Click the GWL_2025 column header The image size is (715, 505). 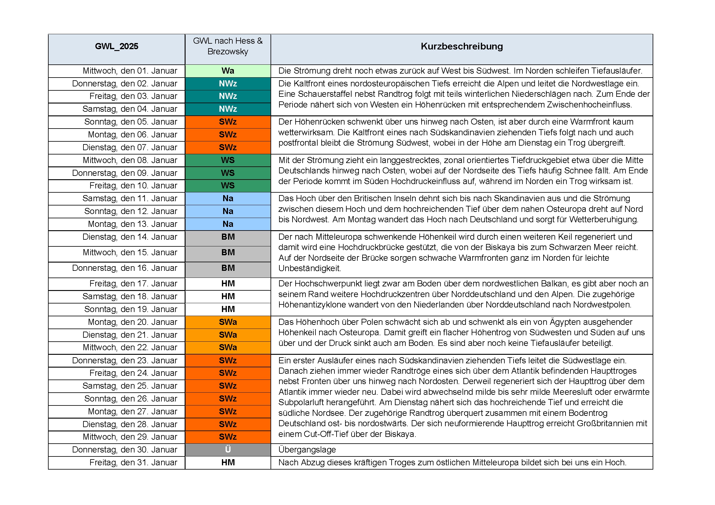click(116, 46)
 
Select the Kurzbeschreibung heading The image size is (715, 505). click(462, 46)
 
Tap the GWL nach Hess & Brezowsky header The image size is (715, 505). click(228, 46)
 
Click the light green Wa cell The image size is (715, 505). click(228, 71)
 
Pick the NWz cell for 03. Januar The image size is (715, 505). click(228, 96)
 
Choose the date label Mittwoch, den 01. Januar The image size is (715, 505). click(130, 71)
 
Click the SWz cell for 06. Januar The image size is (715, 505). click(228, 135)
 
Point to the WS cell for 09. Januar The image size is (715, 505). click(228, 173)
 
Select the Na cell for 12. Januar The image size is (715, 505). click(228, 212)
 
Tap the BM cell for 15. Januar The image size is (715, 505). click(228, 252)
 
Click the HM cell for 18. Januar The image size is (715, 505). click(228, 296)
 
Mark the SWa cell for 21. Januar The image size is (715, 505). click(228, 335)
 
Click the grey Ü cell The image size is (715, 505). click(228, 450)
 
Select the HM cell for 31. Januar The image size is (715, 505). click(228, 462)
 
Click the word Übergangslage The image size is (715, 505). click(307, 450)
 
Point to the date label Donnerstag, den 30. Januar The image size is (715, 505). click(124, 450)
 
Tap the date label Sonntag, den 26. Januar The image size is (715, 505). click(131, 399)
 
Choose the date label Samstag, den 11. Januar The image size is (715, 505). click(130, 198)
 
